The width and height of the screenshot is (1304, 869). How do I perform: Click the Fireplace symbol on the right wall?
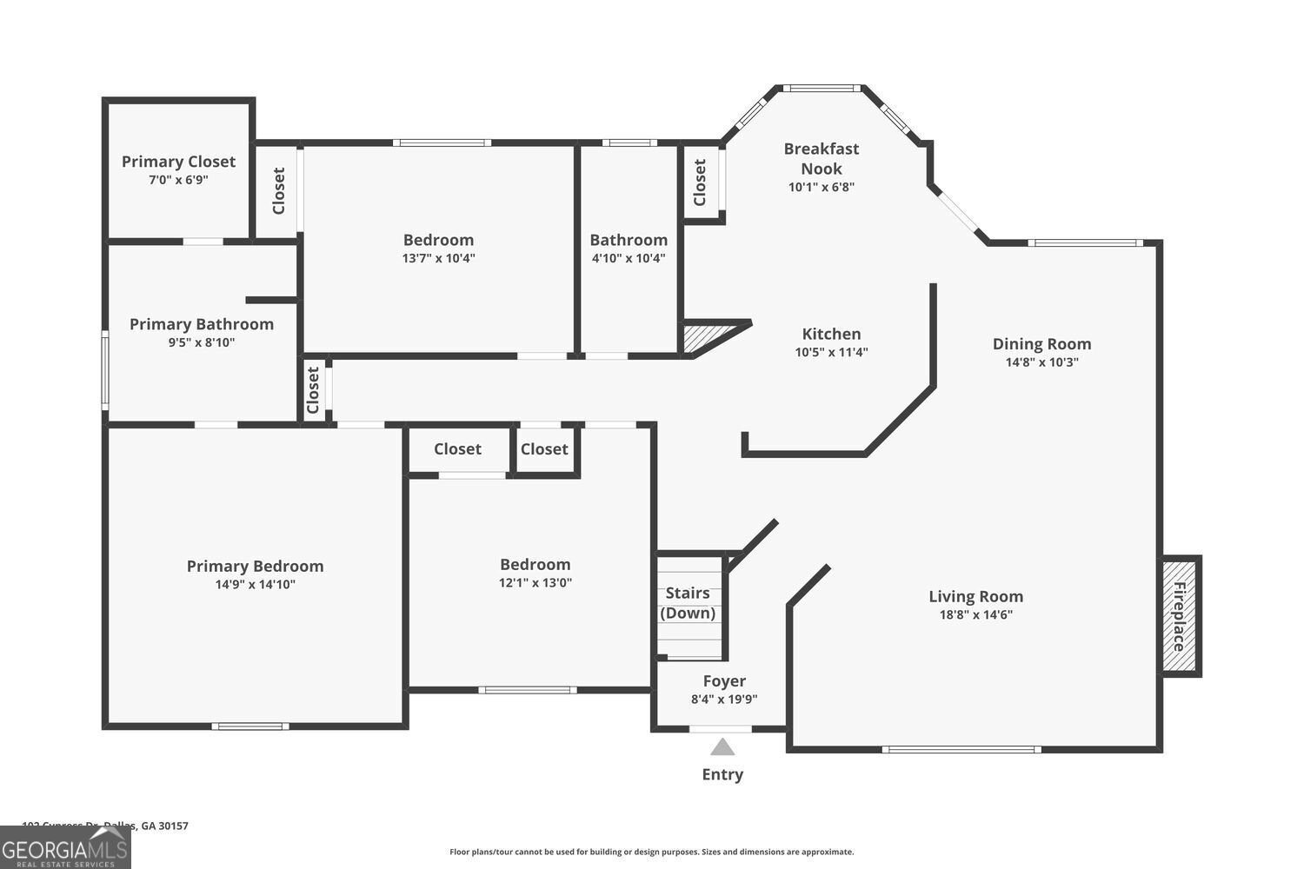pyautogui.click(x=1180, y=617)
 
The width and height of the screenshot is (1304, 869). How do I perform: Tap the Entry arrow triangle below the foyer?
pyautogui.click(x=722, y=746)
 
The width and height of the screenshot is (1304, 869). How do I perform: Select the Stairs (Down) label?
pyautogui.click(x=688, y=603)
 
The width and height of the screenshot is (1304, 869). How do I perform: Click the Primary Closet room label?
pyautogui.click(x=178, y=162)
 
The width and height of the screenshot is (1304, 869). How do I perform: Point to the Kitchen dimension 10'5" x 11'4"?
pyautogui.click(x=831, y=352)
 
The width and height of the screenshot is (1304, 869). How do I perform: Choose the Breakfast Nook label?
pyautogui.click(x=822, y=158)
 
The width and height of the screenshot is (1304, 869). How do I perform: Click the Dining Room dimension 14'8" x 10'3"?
pyautogui.click(x=1041, y=362)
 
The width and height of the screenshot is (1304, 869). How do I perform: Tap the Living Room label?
pyautogui.click(x=975, y=596)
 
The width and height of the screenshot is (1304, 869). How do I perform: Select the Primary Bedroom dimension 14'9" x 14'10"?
pyautogui.click(x=255, y=585)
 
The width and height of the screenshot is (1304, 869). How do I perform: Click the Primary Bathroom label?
pyautogui.click(x=202, y=324)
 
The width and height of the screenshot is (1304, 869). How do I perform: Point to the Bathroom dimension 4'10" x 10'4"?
pyautogui.click(x=629, y=258)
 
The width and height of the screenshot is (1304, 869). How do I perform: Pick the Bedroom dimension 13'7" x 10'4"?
pyautogui.click(x=438, y=258)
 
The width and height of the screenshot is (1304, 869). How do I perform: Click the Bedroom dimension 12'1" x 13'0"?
pyautogui.click(x=535, y=583)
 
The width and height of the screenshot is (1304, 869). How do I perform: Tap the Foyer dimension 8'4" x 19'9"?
pyautogui.click(x=724, y=699)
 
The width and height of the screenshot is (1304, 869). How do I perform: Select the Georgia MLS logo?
pyautogui.click(x=65, y=848)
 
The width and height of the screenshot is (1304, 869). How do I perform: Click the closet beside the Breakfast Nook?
pyautogui.click(x=701, y=182)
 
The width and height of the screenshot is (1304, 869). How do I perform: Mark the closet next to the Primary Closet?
pyautogui.click(x=278, y=190)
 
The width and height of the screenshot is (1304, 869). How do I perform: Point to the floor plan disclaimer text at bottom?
pyautogui.click(x=651, y=852)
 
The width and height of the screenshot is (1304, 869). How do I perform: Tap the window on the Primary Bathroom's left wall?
pyautogui.click(x=105, y=370)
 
